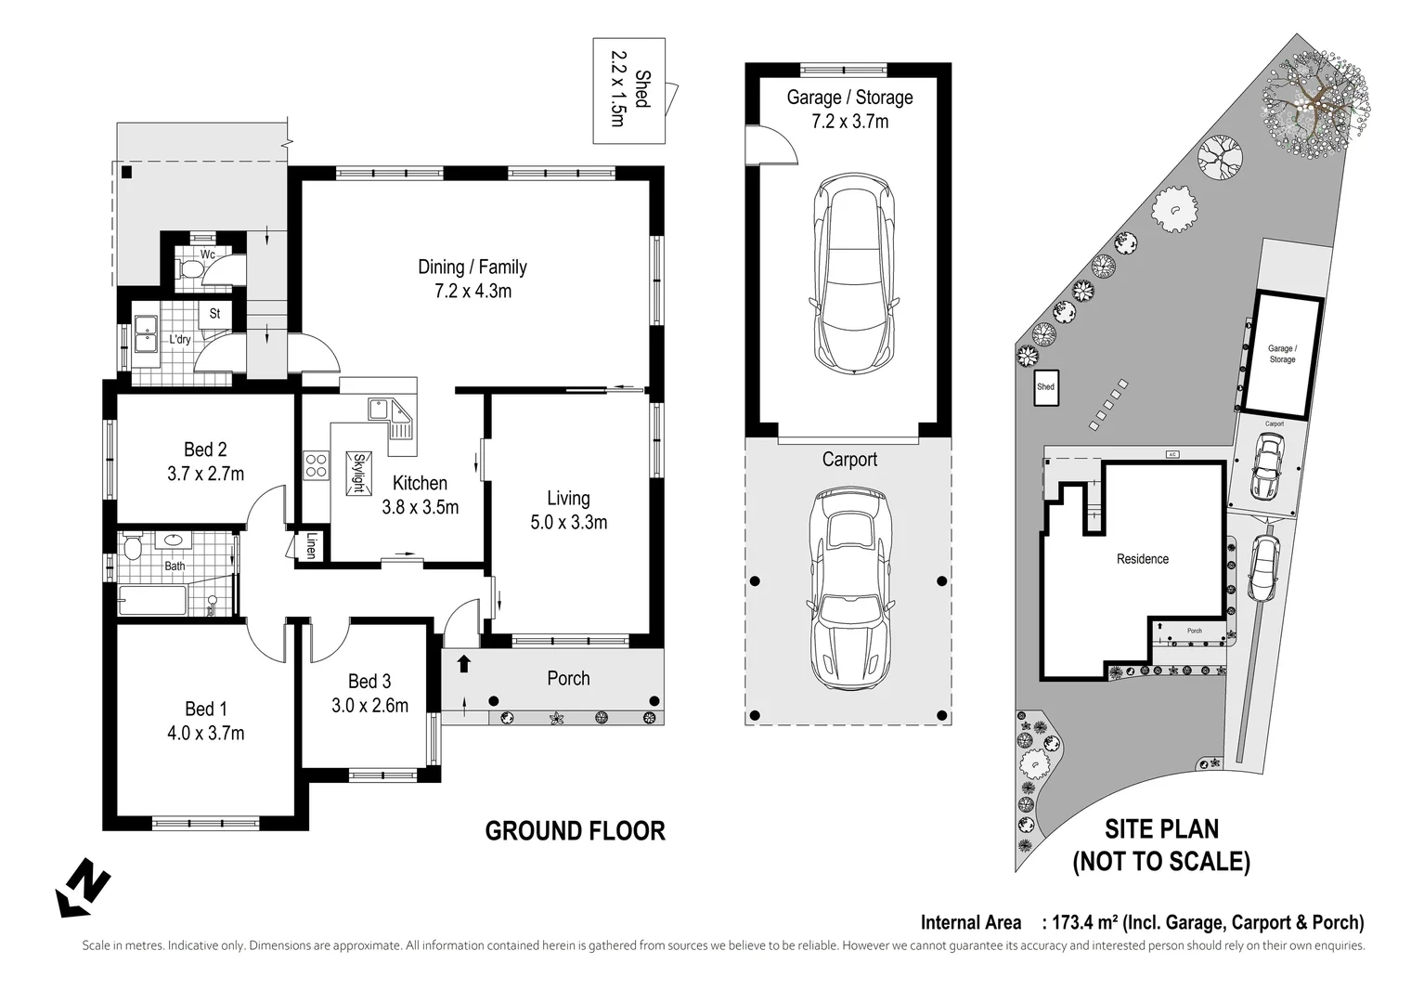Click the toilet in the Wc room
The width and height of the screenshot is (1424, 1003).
190,269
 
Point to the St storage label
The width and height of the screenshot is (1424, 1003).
214,314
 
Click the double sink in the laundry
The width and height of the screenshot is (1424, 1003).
145,335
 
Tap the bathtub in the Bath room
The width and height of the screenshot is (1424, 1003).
151,600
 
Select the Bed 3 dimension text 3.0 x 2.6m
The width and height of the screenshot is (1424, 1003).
369,706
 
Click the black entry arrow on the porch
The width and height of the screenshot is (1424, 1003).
463,664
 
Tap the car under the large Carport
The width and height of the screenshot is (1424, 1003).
849,589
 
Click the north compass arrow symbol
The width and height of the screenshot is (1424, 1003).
84,886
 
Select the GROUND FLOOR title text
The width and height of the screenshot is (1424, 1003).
575,830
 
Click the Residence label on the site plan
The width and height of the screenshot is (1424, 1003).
1142,559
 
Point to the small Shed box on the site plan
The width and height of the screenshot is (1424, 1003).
1046,388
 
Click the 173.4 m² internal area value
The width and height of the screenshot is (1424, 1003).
1080,922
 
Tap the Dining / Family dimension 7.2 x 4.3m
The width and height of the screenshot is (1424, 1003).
473,292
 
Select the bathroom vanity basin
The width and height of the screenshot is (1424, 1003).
174,540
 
